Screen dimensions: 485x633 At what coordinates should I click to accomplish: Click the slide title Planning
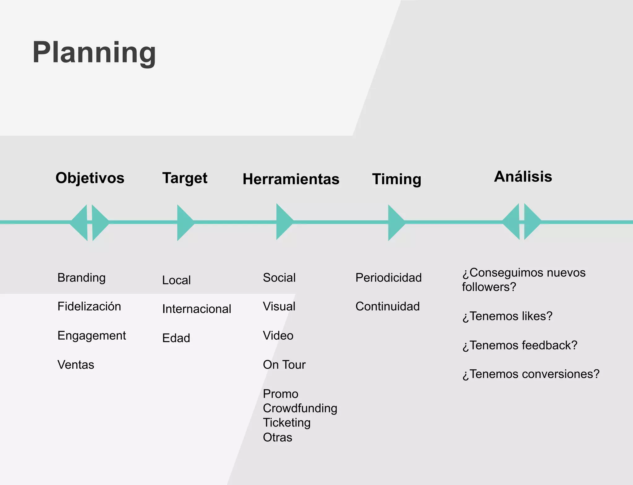click(94, 53)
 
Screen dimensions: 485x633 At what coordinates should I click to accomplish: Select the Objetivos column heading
click(90, 178)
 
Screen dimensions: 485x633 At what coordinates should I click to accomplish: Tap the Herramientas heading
click(291, 179)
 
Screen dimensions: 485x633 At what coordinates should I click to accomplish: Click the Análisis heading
click(523, 177)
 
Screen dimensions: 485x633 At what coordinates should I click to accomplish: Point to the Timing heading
click(397, 179)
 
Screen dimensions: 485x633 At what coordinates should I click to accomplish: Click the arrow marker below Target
click(184, 222)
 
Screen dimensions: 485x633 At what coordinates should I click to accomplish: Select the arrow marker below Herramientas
click(283, 222)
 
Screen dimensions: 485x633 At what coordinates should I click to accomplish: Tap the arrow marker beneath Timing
click(395, 222)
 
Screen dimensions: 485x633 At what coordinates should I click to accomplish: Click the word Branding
click(81, 278)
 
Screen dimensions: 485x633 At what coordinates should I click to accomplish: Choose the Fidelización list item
click(89, 307)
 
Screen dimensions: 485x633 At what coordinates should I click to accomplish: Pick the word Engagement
click(91, 336)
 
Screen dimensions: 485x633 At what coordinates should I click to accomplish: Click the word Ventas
click(76, 365)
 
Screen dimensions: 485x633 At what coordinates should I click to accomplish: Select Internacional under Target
click(197, 309)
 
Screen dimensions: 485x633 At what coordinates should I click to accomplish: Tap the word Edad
click(176, 338)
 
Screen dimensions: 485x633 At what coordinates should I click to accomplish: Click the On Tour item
click(284, 365)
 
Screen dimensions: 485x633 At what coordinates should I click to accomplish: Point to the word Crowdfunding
click(300, 408)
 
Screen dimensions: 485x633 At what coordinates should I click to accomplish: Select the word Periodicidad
click(389, 278)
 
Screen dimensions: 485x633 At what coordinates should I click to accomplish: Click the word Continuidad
click(388, 307)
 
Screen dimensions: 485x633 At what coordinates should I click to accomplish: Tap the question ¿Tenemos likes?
click(507, 316)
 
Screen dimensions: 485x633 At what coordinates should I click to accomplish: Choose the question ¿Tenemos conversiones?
click(531, 374)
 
